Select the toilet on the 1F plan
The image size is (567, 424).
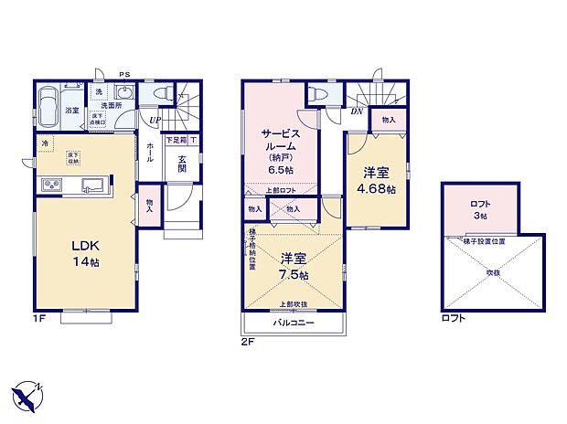click(x=162, y=93)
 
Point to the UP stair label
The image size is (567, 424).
click(x=155, y=120)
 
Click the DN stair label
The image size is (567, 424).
click(x=356, y=112)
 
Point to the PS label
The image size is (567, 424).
click(x=124, y=75)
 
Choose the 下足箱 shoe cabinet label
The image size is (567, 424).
click(x=176, y=141)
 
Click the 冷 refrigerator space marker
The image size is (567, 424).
click(x=45, y=143)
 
